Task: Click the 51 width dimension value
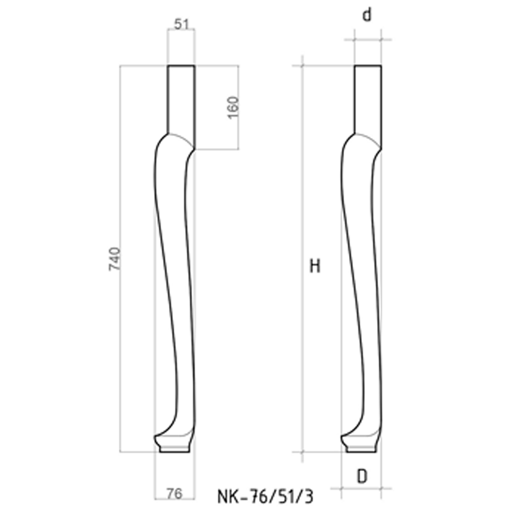(x=181, y=24)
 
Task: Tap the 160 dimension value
(x=232, y=108)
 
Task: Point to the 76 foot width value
(x=175, y=494)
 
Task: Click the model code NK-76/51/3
(x=265, y=496)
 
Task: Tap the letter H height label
(x=315, y=266)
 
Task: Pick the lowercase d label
(x=367, y=15)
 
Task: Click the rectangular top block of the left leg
(x=181, y=99)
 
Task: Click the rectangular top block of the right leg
(x=368, y=99)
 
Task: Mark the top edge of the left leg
(x=181, y=65)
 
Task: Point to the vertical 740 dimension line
(x=120, y=336)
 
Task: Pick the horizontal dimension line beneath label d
(x=368, y=39)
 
